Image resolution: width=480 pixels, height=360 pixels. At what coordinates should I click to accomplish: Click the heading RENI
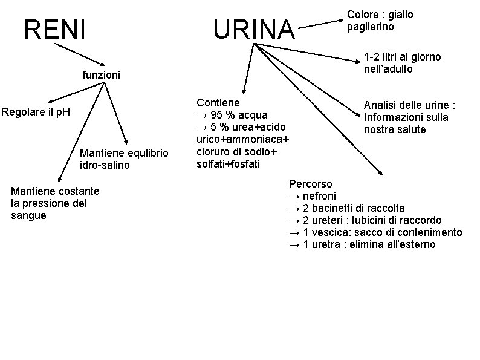tap(54, 29)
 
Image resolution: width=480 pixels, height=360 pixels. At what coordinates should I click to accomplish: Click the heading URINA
tap(253, 29)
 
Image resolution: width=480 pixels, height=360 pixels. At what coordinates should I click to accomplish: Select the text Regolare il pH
tap(36, 112)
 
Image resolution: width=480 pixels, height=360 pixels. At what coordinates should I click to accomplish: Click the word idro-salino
tap(105, 165)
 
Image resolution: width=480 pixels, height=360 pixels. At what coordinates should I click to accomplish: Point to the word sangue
tap(28, 215)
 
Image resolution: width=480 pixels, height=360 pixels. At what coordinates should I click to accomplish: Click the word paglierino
tap(371, 27)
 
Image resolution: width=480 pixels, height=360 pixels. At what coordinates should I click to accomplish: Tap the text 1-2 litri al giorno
tap(402, 57)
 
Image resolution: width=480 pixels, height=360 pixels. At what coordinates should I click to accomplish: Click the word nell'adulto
tap(388, 69)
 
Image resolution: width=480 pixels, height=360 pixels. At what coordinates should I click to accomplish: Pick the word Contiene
tap(218, 103)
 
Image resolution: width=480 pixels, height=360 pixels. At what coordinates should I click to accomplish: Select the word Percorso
tap(310, 183)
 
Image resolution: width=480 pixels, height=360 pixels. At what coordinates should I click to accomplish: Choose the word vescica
tap(330, 232)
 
